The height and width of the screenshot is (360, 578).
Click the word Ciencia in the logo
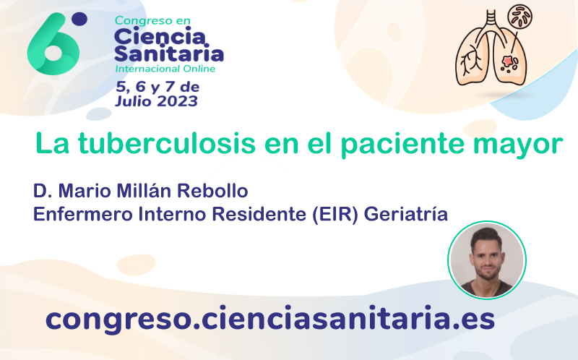(x=160, y=37)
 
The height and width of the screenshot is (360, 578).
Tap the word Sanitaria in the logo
(x=169, y=53)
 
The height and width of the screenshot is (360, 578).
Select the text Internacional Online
(x=165, y=69)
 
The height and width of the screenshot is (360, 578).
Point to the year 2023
(x=178, y=101)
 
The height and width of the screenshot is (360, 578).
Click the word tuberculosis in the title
(x=167, y=143)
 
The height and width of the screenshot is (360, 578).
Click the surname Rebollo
(x=212, y=191)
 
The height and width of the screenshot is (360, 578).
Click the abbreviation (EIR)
(x=335, y=214)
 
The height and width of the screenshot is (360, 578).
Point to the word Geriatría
(x=406, y=214)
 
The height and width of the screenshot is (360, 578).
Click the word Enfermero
(x=83, y=214)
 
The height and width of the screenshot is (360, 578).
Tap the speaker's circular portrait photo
(x=487, y=260)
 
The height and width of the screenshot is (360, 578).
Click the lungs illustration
(x=491, y=48)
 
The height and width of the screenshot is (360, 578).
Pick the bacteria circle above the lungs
(x=520, y=16)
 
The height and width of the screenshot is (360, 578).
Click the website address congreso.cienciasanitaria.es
(x=269, y=319)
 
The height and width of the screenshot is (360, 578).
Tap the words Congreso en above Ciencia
(x=152, y=21)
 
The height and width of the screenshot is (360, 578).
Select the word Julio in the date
(x=134, y=101)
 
